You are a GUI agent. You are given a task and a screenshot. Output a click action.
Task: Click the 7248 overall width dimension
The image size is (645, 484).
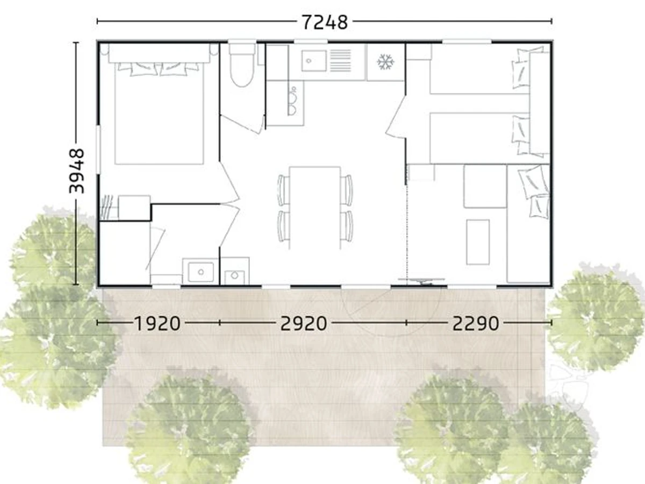325,23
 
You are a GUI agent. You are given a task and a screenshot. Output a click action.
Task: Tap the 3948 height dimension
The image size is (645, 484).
76,171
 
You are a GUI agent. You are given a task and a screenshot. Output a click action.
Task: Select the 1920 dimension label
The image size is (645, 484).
157,323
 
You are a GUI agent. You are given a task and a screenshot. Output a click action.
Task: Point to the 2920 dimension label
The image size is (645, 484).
304,323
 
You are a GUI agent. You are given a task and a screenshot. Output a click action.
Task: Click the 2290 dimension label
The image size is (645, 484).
476,323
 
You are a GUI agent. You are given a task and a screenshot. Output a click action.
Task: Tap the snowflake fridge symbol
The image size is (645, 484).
386,62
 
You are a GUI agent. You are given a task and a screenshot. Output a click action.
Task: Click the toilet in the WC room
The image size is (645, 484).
241,65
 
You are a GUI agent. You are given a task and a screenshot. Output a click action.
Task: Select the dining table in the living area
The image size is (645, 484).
315,208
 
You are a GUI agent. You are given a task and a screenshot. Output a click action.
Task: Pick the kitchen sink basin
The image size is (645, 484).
313,61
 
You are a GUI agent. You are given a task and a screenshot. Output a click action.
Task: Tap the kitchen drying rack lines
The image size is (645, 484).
340,61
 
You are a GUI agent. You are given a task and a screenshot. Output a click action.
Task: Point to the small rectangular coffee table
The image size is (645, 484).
478,242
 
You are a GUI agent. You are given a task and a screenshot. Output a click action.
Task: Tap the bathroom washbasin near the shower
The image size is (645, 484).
200,272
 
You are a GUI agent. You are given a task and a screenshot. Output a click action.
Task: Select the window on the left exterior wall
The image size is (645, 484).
98,150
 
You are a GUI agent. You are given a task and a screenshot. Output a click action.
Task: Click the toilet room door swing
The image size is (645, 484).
243,125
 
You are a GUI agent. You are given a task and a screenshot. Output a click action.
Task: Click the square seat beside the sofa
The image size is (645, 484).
485,186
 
